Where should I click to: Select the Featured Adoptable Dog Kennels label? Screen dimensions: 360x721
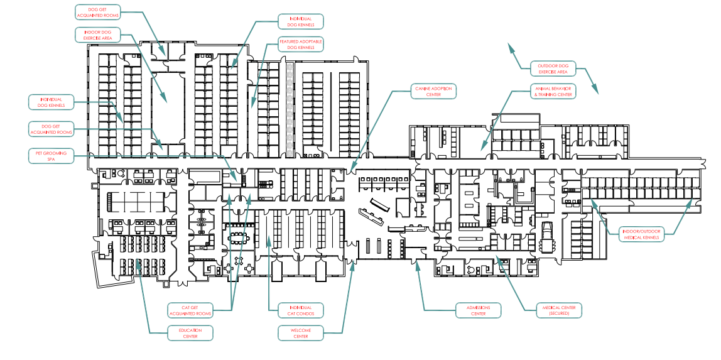click(301, 44)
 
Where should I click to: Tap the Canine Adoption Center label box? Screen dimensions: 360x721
click(433, 91)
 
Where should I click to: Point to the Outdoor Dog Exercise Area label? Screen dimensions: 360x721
click(553, 68)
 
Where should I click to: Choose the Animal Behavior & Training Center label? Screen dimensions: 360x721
click(553, 92)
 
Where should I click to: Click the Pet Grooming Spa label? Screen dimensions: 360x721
click(51, 156)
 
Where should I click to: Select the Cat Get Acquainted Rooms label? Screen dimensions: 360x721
click(189, 310)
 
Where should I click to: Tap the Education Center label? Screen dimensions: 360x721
click(190, 333)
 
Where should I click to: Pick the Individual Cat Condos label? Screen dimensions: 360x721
click(301, 310)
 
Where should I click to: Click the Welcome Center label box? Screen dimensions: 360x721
click(301, 333)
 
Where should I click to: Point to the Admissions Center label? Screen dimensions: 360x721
click(478, 310)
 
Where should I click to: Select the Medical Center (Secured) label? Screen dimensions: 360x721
click(559, 310)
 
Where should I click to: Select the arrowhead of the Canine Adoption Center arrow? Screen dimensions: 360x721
click(351, 170)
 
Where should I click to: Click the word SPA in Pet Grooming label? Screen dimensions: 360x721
click(51, 160)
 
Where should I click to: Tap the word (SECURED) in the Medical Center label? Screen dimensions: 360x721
click(559, 313)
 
